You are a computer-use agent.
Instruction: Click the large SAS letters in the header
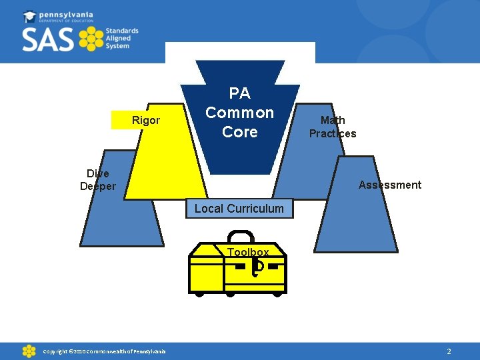47,39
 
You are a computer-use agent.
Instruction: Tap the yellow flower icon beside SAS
91,39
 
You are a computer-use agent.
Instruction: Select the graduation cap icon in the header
30,16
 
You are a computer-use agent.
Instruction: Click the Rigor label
145,120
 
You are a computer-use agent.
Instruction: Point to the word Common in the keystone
239,113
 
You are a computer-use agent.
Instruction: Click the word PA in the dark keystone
239,93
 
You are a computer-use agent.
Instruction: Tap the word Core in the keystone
239,132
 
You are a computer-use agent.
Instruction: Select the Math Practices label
333,127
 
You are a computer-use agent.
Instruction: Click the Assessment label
389,185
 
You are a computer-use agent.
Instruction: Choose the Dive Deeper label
98,180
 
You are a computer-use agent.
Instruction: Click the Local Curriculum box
239,209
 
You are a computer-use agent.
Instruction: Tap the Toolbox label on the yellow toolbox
248,252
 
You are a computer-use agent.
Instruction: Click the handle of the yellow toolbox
241,236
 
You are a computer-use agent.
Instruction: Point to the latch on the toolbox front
257,267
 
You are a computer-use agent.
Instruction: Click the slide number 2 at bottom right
449,351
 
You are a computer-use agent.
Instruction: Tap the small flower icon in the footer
29,351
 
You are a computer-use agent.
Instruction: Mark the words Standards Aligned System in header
122,39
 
